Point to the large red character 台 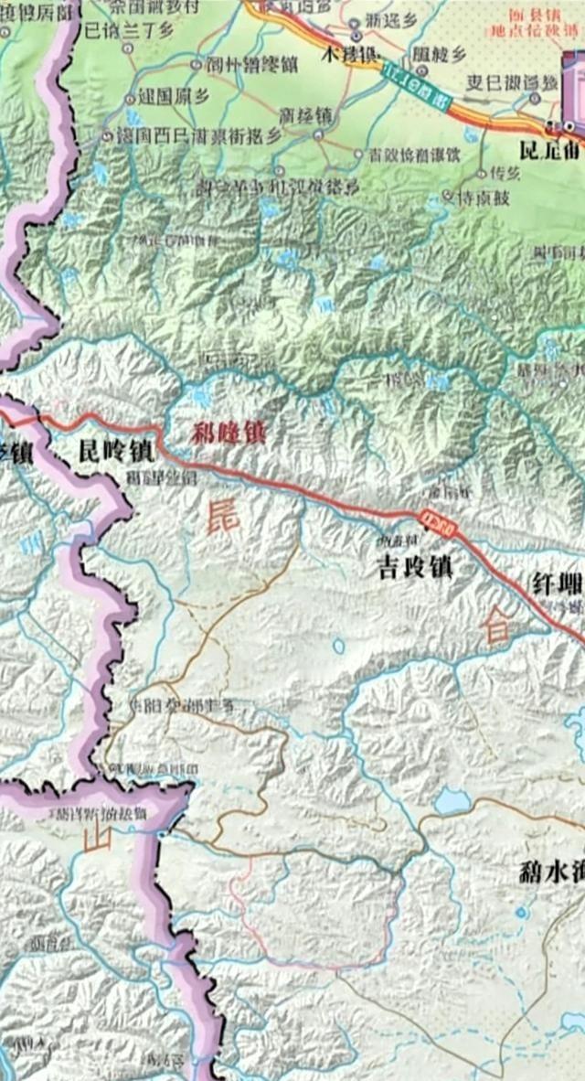pyautogui.click(x=497, y=627)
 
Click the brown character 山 pyautogui.click(x=96, y=838)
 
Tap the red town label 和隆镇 pyautogui.click(x=229, y=433)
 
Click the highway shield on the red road pyautogui.click(x=436, y=519)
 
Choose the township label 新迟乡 pyautogui.click(x=390, y=20)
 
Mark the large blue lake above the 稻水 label pyautogui.click(x=451, y=802)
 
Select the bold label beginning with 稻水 pyautogui.click(x=548, y=871)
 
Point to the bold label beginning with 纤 pyautogui.click(x=557, y=583)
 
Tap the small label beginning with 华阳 pyautogui.click(x=179, y=705)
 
